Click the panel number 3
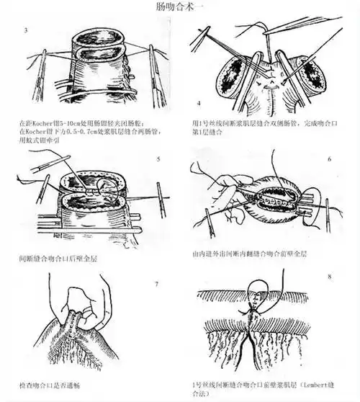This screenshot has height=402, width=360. click(x=27, y=30)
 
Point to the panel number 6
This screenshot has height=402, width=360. click(x=328, y=158)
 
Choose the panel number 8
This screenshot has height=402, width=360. click(x=328, y=274)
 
